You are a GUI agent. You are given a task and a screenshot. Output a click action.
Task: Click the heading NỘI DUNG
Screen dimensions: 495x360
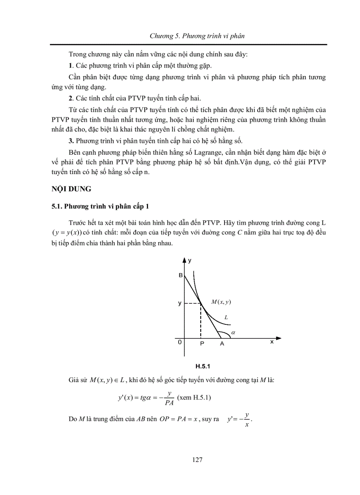pos(70,189)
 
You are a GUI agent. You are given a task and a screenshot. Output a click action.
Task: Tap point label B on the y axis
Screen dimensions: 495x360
pos(180,275)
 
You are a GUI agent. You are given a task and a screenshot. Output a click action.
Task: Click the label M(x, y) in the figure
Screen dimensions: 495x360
pos(221,302)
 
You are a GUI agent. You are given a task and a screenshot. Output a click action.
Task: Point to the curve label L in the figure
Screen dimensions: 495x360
pos(226,317)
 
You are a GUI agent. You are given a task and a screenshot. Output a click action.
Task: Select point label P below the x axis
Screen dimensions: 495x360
pos(202,344)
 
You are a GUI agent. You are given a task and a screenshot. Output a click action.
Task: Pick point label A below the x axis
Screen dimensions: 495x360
pos(222,344)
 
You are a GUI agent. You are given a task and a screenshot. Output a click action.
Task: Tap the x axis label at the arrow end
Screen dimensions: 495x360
pos(272,342)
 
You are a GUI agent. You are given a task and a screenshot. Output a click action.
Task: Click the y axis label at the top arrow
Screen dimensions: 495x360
pos(190,261)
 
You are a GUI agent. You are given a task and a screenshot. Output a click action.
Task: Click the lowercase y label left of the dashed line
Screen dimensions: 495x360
pos(180,303)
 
